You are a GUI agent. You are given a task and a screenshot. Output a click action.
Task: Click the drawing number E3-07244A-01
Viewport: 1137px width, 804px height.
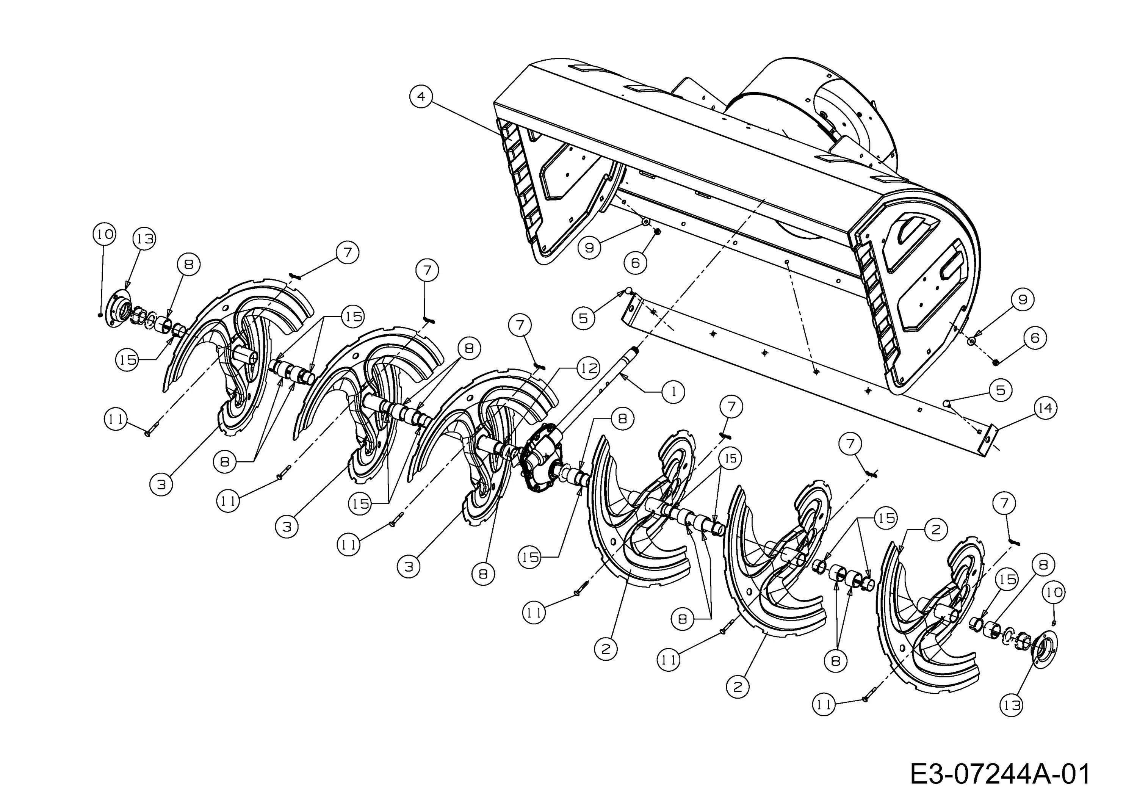[x=1000, y=774]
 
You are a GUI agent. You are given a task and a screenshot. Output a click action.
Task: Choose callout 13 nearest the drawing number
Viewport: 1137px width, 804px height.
[x=1011, y=704]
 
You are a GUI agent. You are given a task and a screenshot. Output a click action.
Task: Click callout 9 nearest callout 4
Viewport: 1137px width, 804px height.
[x=589, y=247]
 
